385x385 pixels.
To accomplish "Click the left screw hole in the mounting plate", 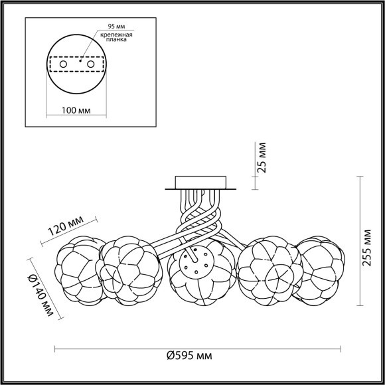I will [64, 64].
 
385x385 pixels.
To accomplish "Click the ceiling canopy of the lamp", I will [200, 182].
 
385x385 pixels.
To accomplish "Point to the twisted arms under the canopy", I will [197, 216].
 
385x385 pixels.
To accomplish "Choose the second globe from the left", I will [129, 271].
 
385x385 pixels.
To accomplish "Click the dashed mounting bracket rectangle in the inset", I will [78, 64].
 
